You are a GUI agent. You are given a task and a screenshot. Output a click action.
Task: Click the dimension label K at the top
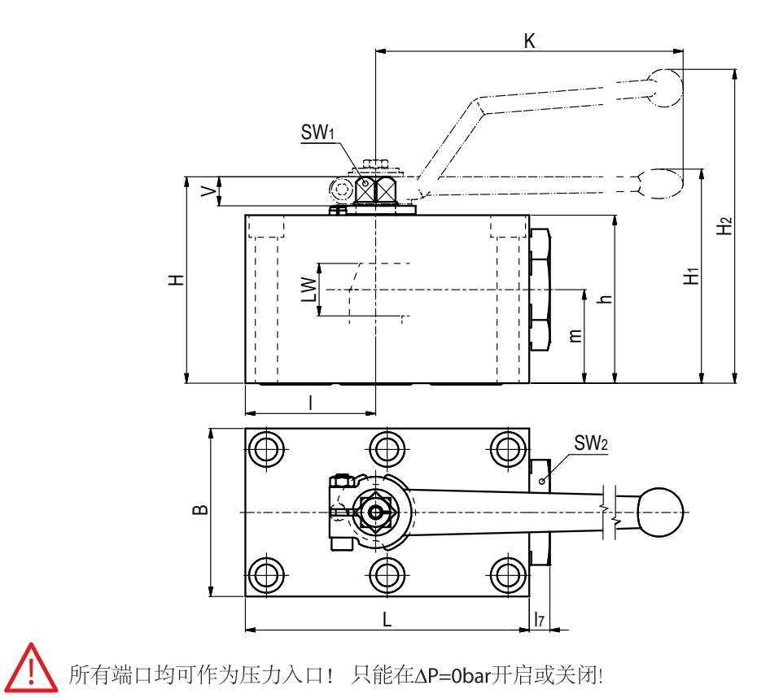tap(529, 41)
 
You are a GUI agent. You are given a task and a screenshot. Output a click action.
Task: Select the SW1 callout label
tap(318, 132)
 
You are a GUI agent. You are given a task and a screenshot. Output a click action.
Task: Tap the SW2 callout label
tap(591, 443)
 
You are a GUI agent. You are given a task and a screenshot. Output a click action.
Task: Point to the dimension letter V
tap(209, 192)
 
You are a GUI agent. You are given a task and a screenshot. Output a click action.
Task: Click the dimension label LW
tap(308, 290)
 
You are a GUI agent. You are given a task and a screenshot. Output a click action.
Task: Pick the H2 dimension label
tap(724, 225)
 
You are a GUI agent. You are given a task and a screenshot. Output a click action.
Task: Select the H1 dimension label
tap(691, 276)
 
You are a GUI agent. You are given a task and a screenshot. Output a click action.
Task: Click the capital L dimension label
tap(387, 619)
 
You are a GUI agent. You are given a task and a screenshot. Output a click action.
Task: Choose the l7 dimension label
tap(539, 619)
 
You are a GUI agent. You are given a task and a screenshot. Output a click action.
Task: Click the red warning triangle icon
tap(30, 668)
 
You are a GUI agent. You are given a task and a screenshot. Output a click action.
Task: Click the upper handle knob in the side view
tap(665, 86)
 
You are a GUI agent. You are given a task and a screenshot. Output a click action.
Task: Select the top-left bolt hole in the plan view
tap(267, 448)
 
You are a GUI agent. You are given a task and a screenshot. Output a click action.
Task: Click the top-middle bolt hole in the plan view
tap(387, 448)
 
